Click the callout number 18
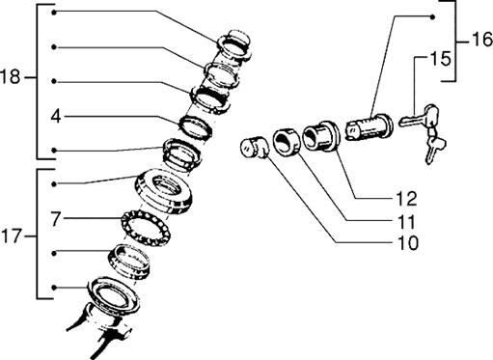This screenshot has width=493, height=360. pyautogui.click(x=11, y=77)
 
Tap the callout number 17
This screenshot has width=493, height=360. pyautogui.click(x=12, y=236)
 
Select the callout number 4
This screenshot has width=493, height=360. pyautogui.click(x=56, y=116)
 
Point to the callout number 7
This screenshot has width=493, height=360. pyautogui.click(x=56, y=219)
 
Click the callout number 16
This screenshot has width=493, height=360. pyautogui.click(x=482, y=40)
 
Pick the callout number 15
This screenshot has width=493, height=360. pyautogui.click(x=440, y=59)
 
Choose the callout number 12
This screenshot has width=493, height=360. pyautogui.click(x=406, y=199)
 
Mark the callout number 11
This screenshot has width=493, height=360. pyautogui.click(x=406, y=222)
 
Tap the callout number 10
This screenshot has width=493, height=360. pyautogui.click(x=408, y=243)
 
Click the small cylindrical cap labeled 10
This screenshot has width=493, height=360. pyautogui.click(x=253, y=148)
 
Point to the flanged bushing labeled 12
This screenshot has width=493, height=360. pyautogui.click(x=321, y=136)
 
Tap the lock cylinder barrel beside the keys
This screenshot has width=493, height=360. pyautogui.click(x=369, y=127)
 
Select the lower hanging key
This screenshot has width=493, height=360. pyautogui.click(x=434, y=147)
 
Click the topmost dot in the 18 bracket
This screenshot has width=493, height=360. pyautogui.click(x=54, y=13)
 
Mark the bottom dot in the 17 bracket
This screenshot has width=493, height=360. pyautogui.click(x=54, y=288)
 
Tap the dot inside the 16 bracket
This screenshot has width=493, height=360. pyautogui.click(x=433, y=17)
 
